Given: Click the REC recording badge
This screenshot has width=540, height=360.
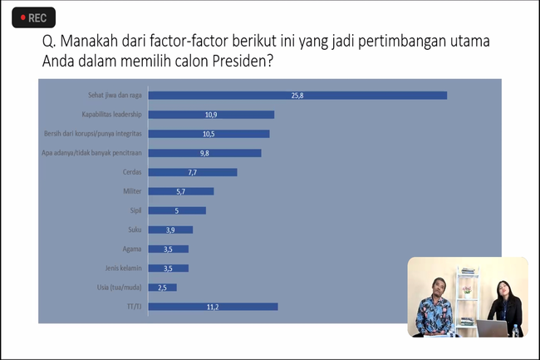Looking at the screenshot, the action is pos(34,17).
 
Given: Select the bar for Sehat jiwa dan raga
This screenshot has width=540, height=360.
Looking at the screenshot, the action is pos(297,96).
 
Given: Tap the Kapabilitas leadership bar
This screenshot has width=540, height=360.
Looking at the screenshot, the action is pos(211,115).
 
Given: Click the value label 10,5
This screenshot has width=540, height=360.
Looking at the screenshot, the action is pos(209,134).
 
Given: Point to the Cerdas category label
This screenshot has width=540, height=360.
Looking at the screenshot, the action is pos(132,172).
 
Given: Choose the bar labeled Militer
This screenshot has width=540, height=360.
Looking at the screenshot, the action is pos(181,191).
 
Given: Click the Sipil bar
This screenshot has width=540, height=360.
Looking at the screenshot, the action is pos(177,210).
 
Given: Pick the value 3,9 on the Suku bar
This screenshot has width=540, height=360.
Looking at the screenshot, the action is pos(170,230).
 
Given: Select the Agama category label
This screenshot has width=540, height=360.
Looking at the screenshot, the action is pos(132,249).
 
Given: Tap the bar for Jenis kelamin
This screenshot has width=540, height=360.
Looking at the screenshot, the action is pos(169,268).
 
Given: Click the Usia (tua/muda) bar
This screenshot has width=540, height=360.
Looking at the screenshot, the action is pos(163,288).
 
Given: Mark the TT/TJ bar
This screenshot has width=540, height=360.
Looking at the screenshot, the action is pos(213,307).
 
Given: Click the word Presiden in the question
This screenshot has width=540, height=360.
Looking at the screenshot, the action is pos(243,61).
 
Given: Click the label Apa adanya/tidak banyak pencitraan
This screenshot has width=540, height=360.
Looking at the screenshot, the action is pos(91,153).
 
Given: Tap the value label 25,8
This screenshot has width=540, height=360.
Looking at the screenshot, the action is pos(297,96).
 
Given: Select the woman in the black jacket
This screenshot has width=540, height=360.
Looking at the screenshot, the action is pos(506,307).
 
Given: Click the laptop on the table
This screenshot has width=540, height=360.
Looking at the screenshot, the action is pos(492,328).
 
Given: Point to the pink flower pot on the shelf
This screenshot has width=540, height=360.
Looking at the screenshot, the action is pos(467,292).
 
